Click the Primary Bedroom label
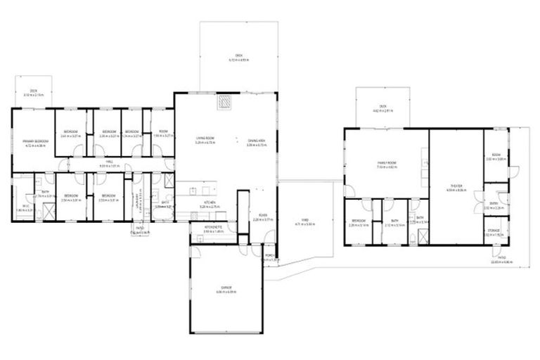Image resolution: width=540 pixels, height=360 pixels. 35,143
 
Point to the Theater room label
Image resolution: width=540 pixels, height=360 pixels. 456,187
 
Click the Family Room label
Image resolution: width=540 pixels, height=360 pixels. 387,165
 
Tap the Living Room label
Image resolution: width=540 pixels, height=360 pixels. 205,140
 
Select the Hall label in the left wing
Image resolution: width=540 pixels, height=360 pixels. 110,162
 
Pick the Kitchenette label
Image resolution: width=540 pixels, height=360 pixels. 213,228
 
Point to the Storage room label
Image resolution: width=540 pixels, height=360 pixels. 492,233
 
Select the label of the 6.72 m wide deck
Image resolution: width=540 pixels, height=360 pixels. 238,58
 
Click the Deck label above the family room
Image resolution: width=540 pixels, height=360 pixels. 382,108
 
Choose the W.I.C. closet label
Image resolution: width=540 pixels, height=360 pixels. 26,207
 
